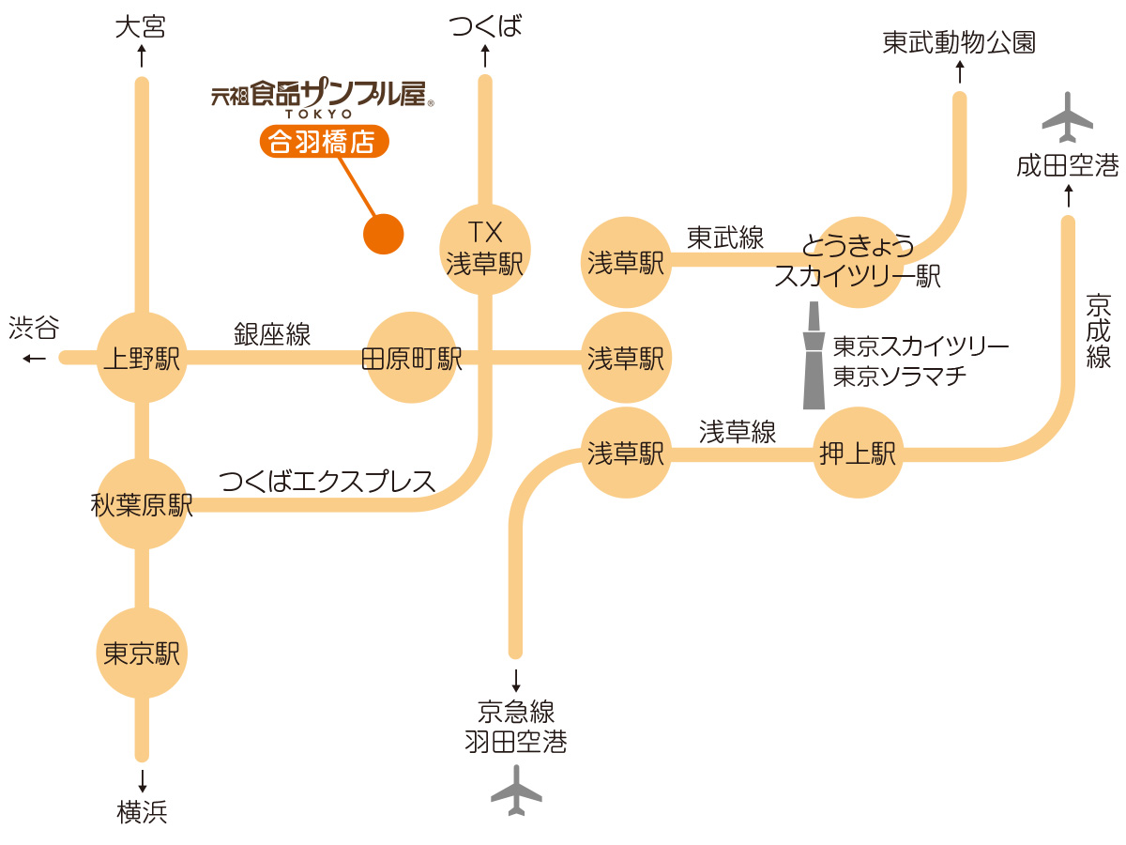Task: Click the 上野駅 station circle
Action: coord(143,358)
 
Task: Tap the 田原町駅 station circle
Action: coord(411,358)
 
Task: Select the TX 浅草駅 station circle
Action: coord(485,249)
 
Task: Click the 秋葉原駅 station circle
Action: coord(143,505)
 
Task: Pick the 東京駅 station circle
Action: coord(143,653)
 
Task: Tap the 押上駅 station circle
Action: coord(858,453)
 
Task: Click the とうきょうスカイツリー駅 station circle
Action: coord(858,263)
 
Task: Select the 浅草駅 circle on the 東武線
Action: coord(626,263)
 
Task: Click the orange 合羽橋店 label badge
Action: coord(322,142)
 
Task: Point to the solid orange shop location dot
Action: coord(383,234)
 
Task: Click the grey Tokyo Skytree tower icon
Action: coord(813,356)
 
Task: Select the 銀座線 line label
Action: coord(272,333)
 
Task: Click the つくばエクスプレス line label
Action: coord(327,481)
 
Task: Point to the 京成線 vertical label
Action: coord(1098,331)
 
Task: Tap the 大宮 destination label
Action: coord(141,27)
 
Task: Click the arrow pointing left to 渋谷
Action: coord(35,358)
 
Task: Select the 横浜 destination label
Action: coord(143,812)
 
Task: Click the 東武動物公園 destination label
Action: coord(959,43)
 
